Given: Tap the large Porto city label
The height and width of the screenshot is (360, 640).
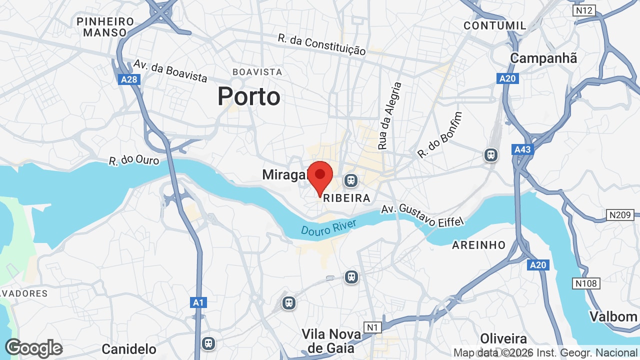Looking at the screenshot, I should click(249, 96).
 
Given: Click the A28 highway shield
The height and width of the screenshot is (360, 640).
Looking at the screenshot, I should click(130, 79).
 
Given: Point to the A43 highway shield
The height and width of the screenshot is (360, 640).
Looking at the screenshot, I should click(522, 149).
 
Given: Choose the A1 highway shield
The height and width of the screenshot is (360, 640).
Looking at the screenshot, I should click(198, 302).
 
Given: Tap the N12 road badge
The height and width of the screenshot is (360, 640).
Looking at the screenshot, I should click(584, 10).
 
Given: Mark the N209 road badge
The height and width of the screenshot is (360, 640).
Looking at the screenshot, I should click(620, 215).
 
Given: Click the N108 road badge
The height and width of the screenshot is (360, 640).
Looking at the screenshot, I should click(586, 283).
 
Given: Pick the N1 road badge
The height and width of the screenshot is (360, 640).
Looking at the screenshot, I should click(371, 327).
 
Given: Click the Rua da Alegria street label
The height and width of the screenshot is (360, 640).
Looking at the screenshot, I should click(390, 116).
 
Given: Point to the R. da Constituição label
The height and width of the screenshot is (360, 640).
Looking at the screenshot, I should click(322, 44).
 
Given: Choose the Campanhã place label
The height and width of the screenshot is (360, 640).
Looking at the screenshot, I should click(543, 58).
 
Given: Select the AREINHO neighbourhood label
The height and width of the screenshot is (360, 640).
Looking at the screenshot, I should click(479, 245).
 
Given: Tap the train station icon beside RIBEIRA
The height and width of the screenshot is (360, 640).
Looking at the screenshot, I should click(351, 180).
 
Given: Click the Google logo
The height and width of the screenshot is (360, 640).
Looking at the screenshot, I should click(33, 348).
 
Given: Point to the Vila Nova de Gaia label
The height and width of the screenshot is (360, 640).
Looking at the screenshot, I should click(328, 340).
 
